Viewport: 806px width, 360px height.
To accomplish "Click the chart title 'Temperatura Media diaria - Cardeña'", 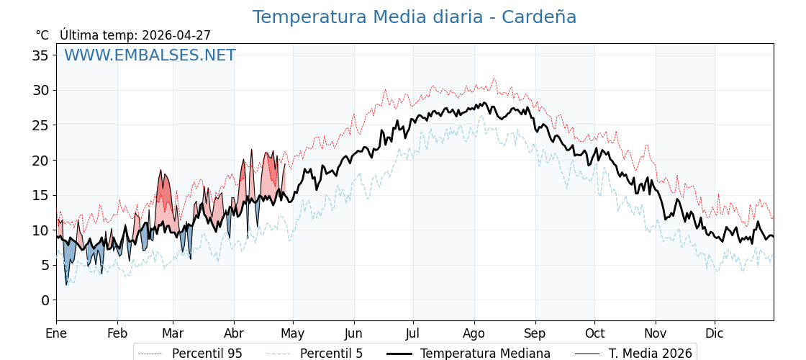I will pos(414,17).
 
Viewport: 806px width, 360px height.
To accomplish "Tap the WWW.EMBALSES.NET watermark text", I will pos(150,55).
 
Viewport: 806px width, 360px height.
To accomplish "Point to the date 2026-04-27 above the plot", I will pos(176,35).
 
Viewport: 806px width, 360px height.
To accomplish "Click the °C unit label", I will pos(42,35).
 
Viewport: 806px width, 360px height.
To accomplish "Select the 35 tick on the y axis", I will pos(40,55).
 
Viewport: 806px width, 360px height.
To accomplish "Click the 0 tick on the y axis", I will pos(45,300).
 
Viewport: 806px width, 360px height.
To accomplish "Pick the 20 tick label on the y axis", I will pos(40,161).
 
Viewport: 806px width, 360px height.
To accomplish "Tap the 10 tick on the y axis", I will pos(40,230).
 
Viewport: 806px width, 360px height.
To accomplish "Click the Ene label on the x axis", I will pos(56,333).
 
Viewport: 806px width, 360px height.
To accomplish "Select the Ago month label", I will pos(474,333).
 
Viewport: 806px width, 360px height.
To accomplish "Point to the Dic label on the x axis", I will pos(715,333).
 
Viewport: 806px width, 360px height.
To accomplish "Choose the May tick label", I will pos(293,333).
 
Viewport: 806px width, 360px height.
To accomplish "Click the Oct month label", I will pos(594,333).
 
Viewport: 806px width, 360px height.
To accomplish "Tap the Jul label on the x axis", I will pos(413,333).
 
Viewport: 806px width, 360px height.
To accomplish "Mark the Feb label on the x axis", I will pos(117,333).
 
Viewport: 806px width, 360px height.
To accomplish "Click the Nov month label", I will pos(656,333).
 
